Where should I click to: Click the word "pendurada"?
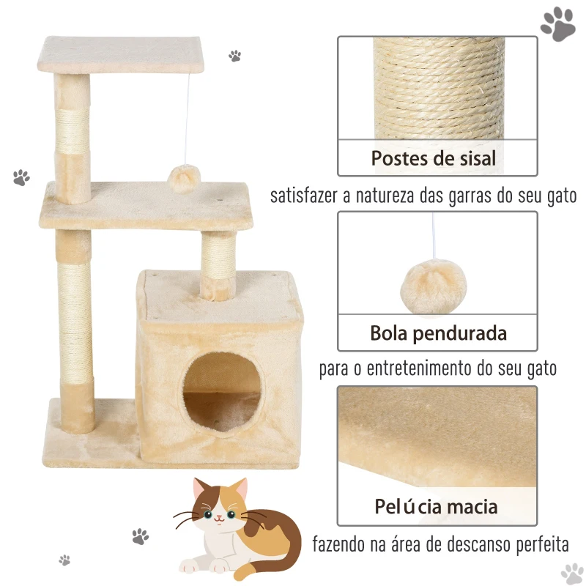[x=460, y=334]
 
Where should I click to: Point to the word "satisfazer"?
[x=304, y=195]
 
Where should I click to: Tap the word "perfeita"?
[x=543, y=544]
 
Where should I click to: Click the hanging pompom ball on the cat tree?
[x=184, y=179]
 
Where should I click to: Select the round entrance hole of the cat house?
[x=222, y=391]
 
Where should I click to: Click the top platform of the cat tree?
[x=121, y=54]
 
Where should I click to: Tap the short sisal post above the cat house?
[x=218, y=265]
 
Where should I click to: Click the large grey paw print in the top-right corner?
[x=557, y=23]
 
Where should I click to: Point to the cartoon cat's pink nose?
[x=219, y=518]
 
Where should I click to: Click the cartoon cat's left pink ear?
[x=200, y=489]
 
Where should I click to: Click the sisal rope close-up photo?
[x=437, y=88]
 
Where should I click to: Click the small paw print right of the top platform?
[x=234, y=56]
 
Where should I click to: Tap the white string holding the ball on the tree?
[x=187, y=119]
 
